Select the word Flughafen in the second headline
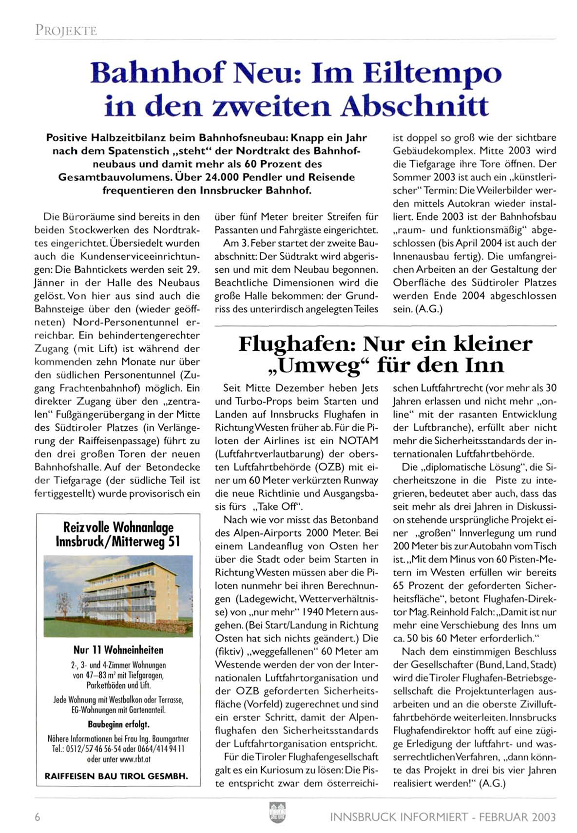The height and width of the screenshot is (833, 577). (x=297, y=344)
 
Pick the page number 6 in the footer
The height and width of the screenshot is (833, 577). (x=38, y=817)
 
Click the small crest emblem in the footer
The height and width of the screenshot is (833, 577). (x=277, y=813)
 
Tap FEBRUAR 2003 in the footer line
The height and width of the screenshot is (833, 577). (x=517, y=817)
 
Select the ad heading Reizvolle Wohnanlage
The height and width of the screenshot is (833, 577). (x=118, y=527)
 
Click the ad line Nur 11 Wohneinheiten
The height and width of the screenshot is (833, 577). (x=118, y=650)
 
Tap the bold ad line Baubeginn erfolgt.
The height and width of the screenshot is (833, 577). (x=118, y=724)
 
